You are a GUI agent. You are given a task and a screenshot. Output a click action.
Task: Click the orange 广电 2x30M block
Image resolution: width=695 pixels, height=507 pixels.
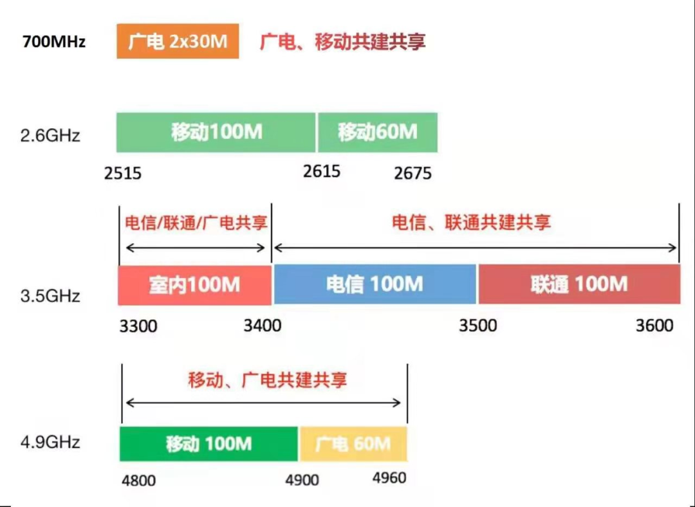pyautogui.click(x=178, y=41)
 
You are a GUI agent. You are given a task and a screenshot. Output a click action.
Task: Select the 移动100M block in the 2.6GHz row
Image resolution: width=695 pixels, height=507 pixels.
pyautogui.click(x=216, y=133)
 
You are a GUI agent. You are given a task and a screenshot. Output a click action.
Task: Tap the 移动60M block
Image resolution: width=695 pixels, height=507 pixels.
pyautogui.click(x=378, y=133)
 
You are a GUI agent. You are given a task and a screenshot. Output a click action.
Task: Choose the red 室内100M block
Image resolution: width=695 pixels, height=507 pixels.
pyautogui.click(x=194, y=285)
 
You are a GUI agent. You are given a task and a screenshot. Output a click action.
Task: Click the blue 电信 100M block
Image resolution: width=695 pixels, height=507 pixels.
pyautogui.click(x=375, y=284)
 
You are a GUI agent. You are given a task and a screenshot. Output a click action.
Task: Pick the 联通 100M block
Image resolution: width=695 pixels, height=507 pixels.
pyautogui.click(x=579, y=284)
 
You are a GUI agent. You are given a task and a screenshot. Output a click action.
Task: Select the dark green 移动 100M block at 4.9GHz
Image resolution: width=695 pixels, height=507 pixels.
pyautogui.click(x=208, y=444)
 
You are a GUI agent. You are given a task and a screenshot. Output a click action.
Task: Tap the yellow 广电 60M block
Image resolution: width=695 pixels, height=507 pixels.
pyautogui.click(x=353, y=444)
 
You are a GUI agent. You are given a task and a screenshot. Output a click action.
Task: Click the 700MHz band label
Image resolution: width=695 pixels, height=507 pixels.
pyautogui.click(x=53, y=42)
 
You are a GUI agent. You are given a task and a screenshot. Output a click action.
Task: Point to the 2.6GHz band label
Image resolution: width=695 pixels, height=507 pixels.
pyautogui.click(x=50, y=135)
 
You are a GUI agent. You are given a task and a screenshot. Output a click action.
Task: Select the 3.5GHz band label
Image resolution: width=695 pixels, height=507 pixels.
pyautogui.click(x=50, y=295)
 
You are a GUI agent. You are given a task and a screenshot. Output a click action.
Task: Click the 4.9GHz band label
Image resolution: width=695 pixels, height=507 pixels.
pyautogui.click(x=50, y=442)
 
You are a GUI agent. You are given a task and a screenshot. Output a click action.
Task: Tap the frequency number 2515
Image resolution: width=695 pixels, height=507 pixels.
pyautogui.click(x=123, y=173)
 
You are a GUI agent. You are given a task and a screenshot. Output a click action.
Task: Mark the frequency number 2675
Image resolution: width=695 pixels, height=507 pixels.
pyautogui.click(x=412, y=173)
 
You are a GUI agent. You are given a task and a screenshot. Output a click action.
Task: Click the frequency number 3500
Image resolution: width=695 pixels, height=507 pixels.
pyautogui.click(x=477, y=326)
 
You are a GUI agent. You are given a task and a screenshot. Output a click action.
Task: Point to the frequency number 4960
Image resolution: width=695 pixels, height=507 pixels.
pyautogui.click(x=389, y=478)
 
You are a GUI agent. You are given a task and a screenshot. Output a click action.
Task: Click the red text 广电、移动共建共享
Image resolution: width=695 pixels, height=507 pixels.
pyautogui.click(x=342, y=42)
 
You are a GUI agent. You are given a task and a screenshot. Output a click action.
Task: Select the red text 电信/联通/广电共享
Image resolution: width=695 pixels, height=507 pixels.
pyautogui.click(x=196, y=223)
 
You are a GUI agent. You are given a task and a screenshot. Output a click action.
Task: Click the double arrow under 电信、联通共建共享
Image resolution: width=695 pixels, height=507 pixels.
pyautogui.click(x=476, y=248)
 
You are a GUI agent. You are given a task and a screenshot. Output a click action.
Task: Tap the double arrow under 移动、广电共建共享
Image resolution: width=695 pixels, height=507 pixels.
pyautogui.click(x=263, y=403)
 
